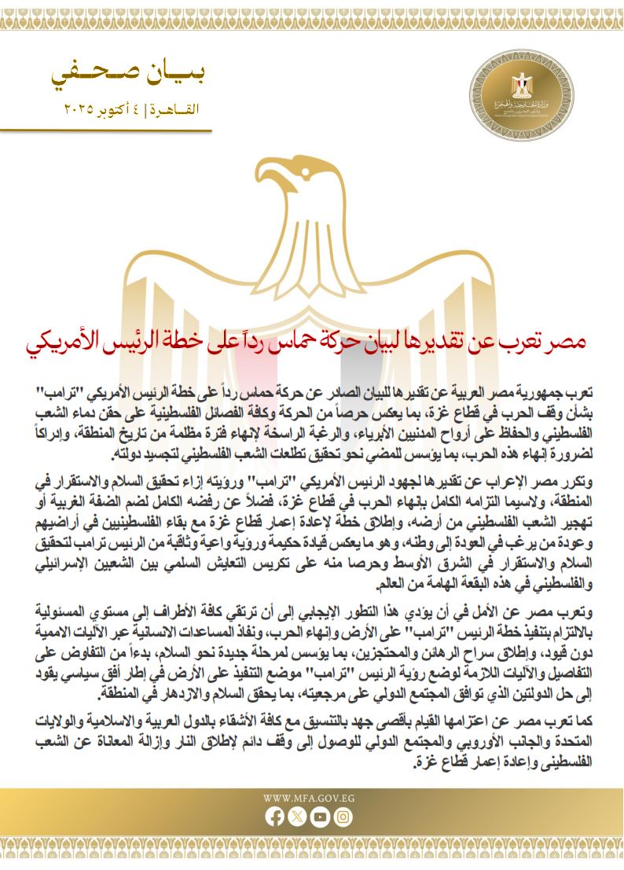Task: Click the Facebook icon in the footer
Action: click(x=275, y=817)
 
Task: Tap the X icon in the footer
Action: click(x=297, y=817)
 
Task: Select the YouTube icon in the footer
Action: click(x=319, y=817)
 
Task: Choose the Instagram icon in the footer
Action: click(x=342, y=817)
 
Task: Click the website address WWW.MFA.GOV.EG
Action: click(x=308, y=797)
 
